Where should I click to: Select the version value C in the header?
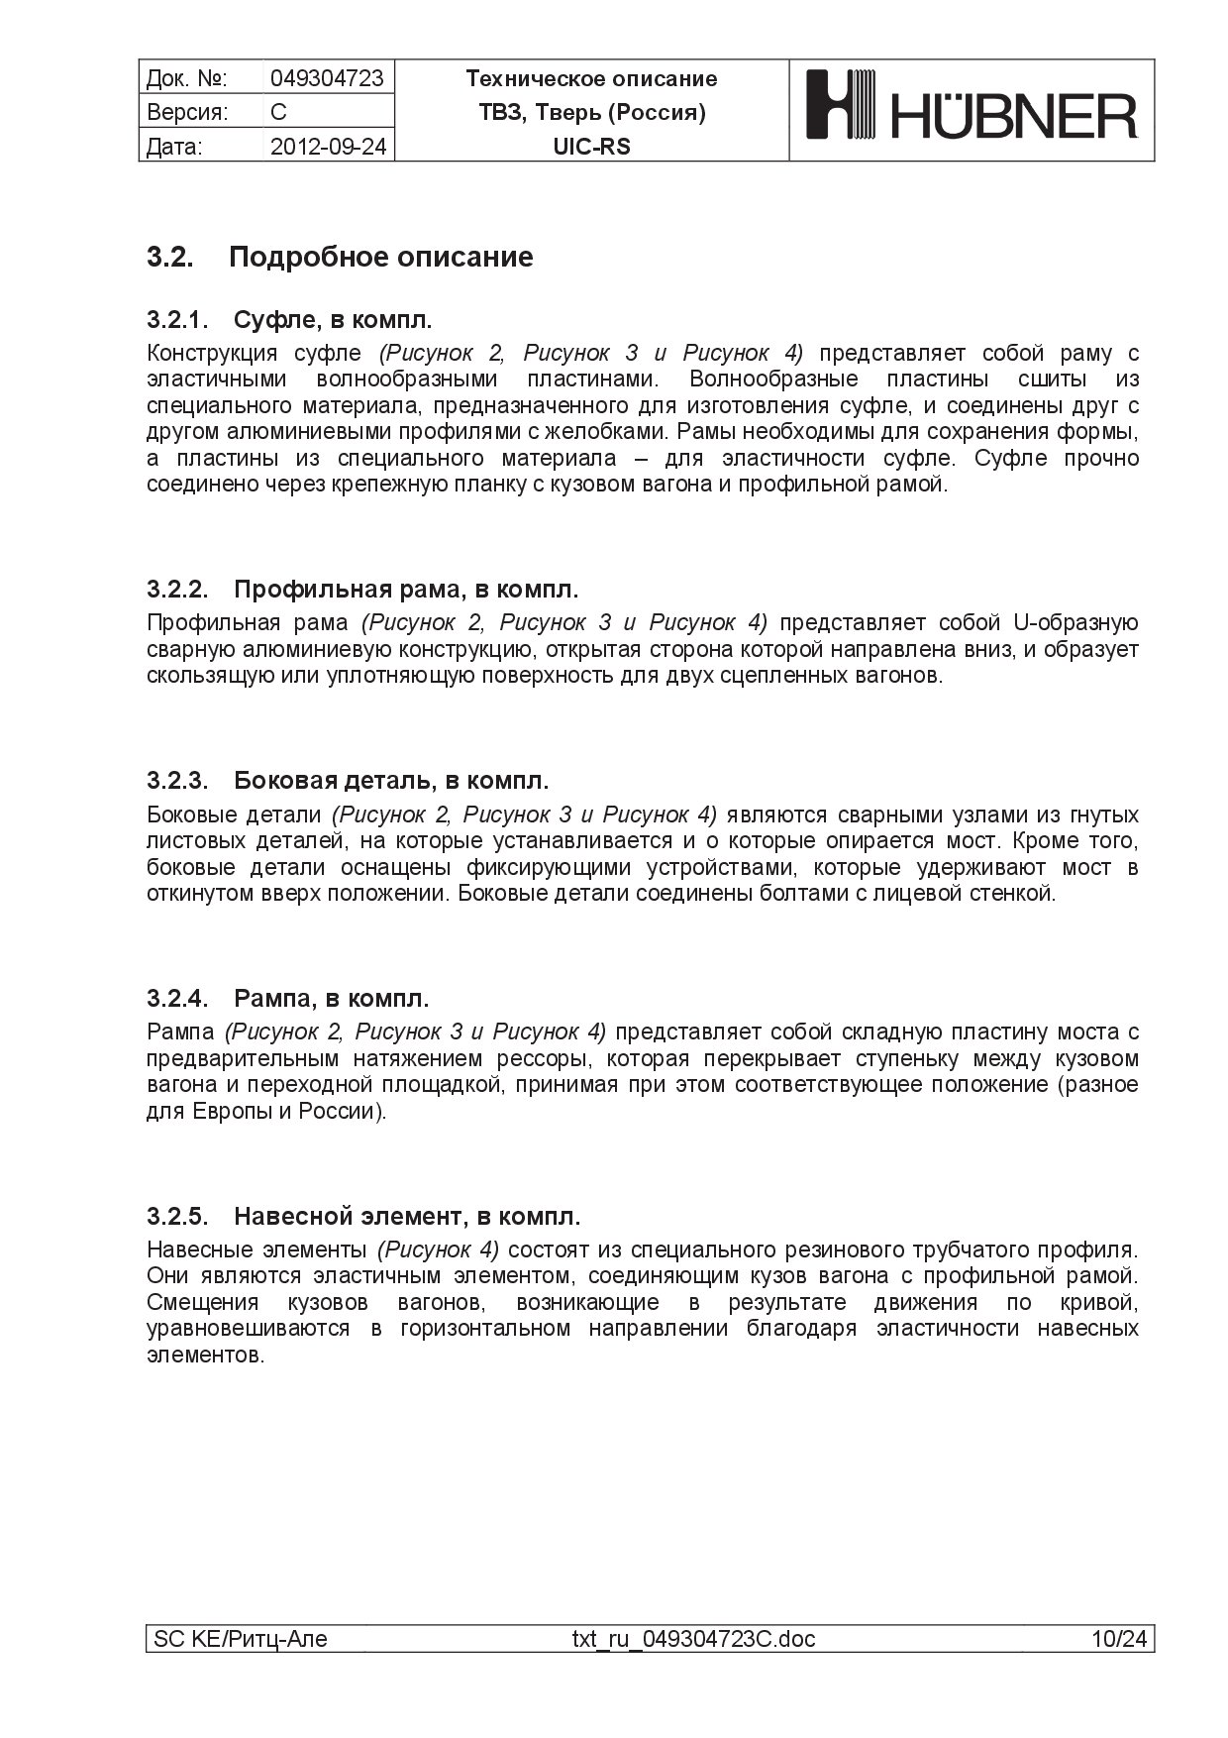(278, 112)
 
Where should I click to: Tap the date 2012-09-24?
(328, 147)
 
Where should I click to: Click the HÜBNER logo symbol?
(842, 104)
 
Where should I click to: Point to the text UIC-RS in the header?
(591, 147)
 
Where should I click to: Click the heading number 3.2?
(170, 258)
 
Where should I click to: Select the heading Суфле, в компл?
(333, 320)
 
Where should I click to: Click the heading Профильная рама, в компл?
(406, 590)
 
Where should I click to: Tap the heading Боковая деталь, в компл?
(391, 781)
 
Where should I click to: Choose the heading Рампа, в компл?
(331, 998)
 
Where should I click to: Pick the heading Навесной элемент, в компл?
(407, 1216)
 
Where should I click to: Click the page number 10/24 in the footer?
(1118, 1640)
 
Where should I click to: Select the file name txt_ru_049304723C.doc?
(693, 1640)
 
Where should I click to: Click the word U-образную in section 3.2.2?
(1075, 623)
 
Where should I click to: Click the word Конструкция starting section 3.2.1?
(211, 354)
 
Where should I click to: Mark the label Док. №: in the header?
(186, 78)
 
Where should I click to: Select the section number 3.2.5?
(177, 1216)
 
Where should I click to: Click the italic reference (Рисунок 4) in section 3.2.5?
(439, 1249)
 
